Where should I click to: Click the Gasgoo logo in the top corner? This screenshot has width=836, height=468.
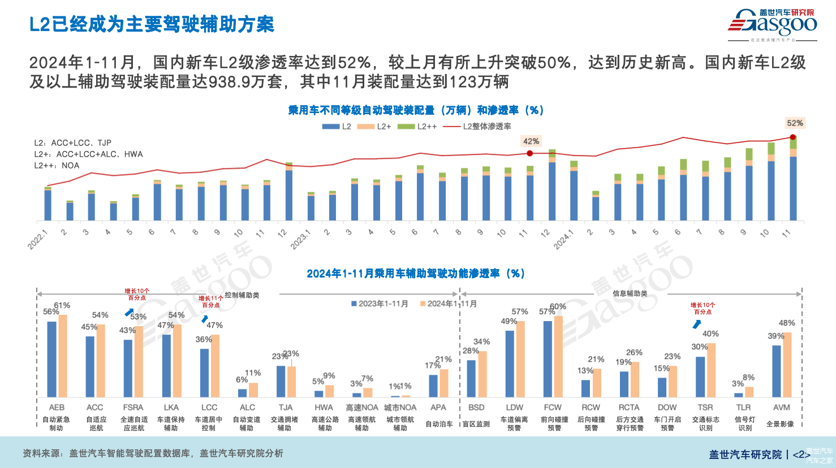(x=772, y=24)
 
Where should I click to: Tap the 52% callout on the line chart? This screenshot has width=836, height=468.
(x=795, y=123)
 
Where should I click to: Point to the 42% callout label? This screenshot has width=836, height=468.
(x=531, y=141)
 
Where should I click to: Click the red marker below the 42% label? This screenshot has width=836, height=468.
(x=529, y=153)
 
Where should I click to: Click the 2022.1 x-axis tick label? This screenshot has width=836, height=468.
(x=38, y=240)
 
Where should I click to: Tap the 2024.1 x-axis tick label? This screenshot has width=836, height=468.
(x=563, y=240)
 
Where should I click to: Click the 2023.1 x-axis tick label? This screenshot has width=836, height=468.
(x=300, y=240)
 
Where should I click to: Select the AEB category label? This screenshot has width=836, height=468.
(x=57, y=408)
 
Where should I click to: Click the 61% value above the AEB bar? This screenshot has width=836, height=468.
(x=62, y=306)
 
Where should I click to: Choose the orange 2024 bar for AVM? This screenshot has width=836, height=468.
(x=787, y=365)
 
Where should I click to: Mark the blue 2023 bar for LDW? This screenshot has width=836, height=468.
(x=510, y=363)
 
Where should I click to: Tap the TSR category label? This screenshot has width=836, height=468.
(x=705, y=408)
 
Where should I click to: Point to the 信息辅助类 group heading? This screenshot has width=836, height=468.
(x=630, y=293)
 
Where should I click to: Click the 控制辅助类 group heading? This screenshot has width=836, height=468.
(x=242, y=295)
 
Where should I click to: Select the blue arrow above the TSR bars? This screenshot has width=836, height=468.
(x=697, y=324)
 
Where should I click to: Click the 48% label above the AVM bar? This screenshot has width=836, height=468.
(x=787, y=323)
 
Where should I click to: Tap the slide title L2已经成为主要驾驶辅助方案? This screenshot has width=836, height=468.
(x=152, y=24)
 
